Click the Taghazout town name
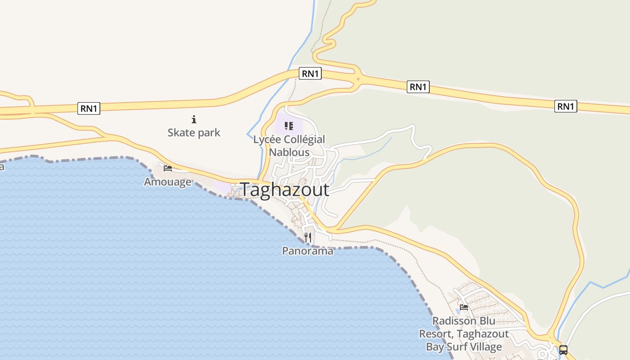[284, 190]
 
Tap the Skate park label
[194, 133]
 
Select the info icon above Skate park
[194, 119]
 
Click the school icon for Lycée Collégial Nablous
[289, 126]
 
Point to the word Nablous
[289, 152]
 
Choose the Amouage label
[167, 182]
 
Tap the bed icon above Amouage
[168, 168]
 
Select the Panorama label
[308, 251]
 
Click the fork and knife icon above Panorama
[308, 237]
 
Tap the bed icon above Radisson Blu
[464, 307]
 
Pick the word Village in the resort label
[483, 347]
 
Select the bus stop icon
[563, 350]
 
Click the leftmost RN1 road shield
[89, 108]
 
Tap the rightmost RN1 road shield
[566, 106]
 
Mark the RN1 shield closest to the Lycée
[310, 73]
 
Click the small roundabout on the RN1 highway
[358, 80]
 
